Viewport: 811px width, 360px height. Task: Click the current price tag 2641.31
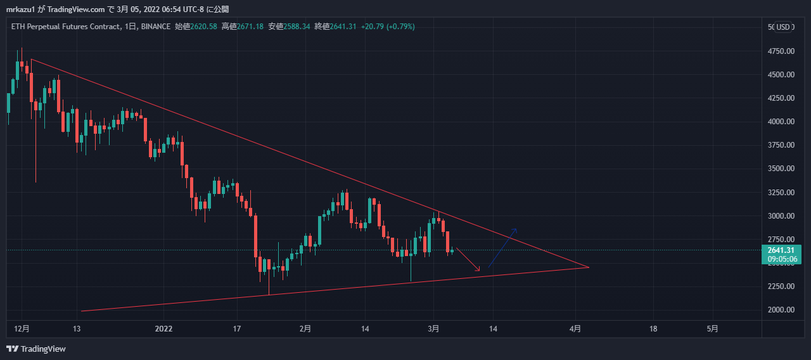[782, 250]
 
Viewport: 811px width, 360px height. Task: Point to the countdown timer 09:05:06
[782, 259]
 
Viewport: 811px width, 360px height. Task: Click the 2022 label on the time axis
[163, 328]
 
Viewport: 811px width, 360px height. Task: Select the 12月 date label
[22, 328]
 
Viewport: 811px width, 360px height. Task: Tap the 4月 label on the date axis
[575, 328]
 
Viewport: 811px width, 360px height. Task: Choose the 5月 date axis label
[713, 328]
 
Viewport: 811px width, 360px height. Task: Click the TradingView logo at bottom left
[36, 349]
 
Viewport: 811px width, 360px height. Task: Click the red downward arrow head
[479, 270]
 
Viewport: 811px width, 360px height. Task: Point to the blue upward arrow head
[516, 229]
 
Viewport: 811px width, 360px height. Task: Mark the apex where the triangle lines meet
[589, 267]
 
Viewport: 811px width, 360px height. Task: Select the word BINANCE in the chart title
[156, 27]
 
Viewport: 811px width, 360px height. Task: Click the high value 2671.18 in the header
[250, 27]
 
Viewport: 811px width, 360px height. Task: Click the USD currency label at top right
[784, 27]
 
